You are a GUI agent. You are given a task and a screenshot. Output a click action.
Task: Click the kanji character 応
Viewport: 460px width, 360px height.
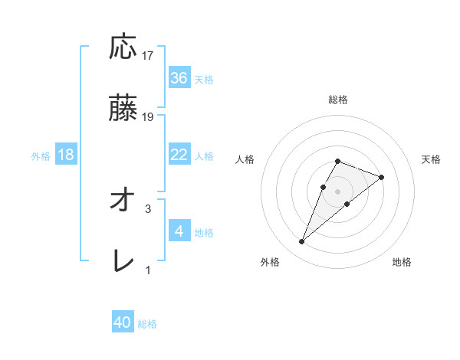click(x=123, y=47)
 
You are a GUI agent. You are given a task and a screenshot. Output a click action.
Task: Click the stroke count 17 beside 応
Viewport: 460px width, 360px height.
click(x=148, y=56)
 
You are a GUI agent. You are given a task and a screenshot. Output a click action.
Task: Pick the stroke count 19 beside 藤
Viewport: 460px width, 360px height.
click(x=148, y=117)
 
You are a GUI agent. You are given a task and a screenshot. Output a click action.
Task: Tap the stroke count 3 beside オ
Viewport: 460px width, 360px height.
click(x=148, y=208)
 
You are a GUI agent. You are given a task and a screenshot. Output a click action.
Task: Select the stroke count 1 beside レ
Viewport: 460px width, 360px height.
click(x=148, y=270)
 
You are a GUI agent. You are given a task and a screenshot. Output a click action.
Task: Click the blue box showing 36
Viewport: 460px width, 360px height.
click(x=179, y=78)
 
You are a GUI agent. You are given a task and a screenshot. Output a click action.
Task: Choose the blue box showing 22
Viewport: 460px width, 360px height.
click(x=179, y=155)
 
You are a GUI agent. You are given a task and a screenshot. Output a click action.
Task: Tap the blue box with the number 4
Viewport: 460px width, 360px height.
click(x=179, y=231)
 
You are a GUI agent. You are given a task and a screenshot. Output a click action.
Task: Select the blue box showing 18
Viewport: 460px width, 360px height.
click(x=66, y=155)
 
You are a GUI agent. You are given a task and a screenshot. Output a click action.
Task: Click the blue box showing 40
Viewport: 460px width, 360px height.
click(x=123, y=323)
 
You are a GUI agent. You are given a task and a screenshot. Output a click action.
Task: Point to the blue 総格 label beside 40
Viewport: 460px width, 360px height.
click(x=147, y=324)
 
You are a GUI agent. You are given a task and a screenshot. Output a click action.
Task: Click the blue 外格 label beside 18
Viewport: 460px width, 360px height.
click(x=41, y=155)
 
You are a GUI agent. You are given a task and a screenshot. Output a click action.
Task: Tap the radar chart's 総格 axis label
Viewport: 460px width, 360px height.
click(x=338, y=100)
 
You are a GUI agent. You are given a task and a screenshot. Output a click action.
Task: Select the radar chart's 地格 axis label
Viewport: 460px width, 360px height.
click(x=402, y=262)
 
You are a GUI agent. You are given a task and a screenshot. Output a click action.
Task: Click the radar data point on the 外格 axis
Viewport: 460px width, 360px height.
click(x=302, y=242)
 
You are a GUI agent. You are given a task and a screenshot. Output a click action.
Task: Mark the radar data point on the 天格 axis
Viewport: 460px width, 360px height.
click(x=381, y=177)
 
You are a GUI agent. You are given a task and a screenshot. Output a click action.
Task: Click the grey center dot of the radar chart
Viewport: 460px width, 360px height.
click(x=338, y=190)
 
